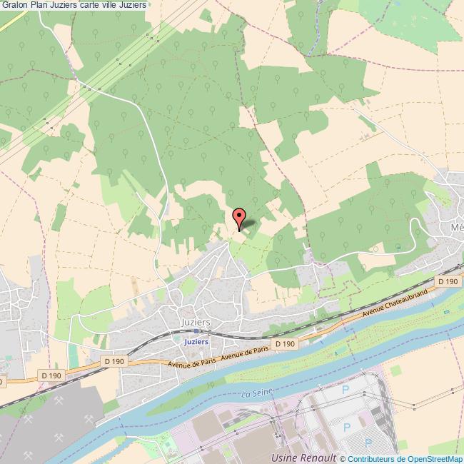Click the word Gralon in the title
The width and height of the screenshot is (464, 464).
point(15,6)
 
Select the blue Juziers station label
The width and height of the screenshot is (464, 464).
point(196,342)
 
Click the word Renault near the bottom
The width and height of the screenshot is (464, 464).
point(320,457)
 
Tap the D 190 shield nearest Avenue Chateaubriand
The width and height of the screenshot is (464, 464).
point(448,281)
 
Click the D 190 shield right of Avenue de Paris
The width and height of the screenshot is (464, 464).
point(285,344)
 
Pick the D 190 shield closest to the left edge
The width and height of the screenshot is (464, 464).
point(51,375)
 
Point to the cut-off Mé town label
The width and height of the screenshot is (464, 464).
point(457,228)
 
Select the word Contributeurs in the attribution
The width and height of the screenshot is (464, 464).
point(373,459)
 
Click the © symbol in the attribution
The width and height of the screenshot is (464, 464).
point(343,459)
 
